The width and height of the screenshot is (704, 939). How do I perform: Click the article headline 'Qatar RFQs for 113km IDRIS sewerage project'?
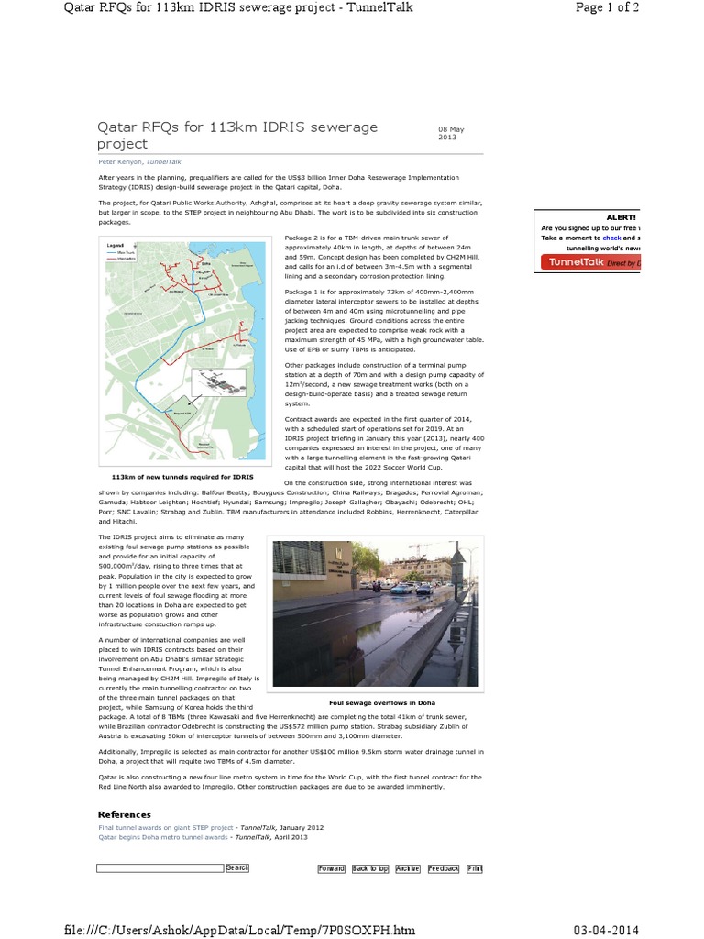pyautogui.click(x=237, y=135)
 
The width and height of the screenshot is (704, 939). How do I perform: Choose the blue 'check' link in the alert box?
pyautogui.click(x=611, y=238)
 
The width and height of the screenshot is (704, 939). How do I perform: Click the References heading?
pyautogui.click(x=125, y=814)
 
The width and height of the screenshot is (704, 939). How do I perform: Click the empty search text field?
pyautogui.click(x=160, y=867)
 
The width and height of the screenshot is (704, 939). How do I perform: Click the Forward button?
pyautogui.click(x=331, y=868)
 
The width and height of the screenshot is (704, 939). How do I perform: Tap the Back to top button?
pyautogui.click(x=370, y=868)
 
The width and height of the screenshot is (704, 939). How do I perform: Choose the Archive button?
pyautogui.click(x=408, y=868)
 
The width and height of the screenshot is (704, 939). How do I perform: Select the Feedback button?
pyautogui.click(x=444, y=868)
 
